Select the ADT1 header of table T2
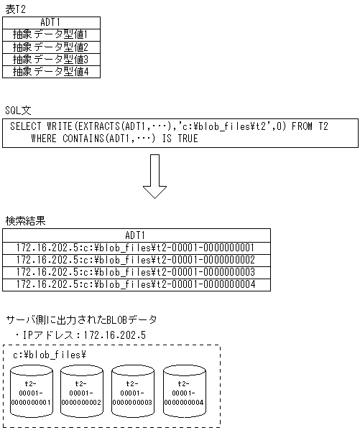51,22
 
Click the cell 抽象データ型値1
51,34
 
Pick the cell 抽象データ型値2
51,47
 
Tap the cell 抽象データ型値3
51,60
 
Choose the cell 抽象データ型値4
51,72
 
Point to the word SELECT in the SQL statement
27,126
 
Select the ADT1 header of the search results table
135,235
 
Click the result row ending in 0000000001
135,248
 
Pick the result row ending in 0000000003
135,272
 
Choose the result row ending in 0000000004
135,284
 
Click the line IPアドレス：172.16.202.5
80,335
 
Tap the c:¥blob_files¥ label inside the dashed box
45,355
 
